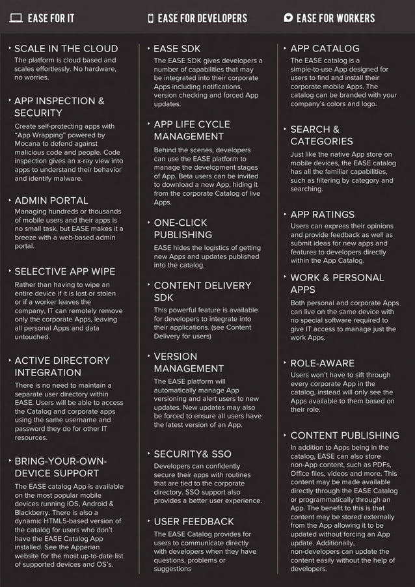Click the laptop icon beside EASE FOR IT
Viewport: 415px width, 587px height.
click(x=16, y=18)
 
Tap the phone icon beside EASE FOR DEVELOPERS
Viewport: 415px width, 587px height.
click(x=151, y=18)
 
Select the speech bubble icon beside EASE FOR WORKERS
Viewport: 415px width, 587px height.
click(x=288, y=18)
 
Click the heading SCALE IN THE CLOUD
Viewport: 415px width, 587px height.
click(x=66, y=49)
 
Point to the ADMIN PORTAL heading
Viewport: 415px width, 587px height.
click(x=51, y=200)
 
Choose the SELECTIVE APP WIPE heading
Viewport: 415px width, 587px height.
click(x=64, y=271)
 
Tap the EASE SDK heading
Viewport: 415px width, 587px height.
click(x=177, y=49)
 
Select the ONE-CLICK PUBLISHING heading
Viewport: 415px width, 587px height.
click(x=183, y=228)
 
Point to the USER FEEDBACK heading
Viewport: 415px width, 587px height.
click(x=194, y=521)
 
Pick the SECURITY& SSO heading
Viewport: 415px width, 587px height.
click(x=193, y=454)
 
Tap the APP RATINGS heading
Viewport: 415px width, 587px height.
click(x=323, y=214)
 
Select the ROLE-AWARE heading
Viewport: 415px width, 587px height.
click(x=323, y=362)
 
